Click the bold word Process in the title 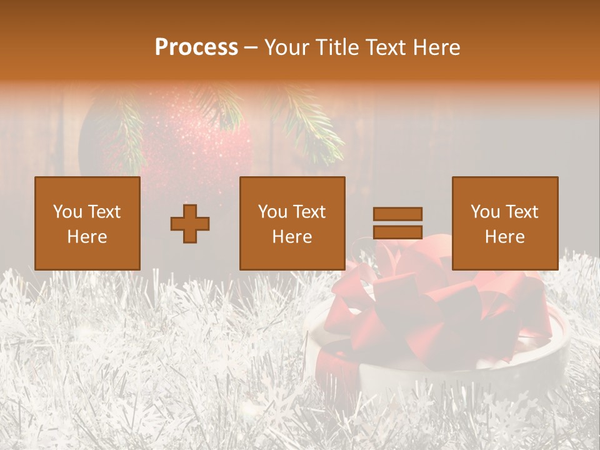coord(196,47)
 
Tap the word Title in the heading coord(337,47)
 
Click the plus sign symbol coord(190,224)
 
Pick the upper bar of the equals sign coord(397,214)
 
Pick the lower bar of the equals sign coord(397,232)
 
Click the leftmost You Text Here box coord(87,223)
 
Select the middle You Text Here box coord(292,223)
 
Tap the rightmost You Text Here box coord(505,223)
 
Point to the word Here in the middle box coord(292,237)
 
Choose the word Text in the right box coord(523,212)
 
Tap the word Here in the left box coord(87,237)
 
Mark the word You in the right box coord(485,212)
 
